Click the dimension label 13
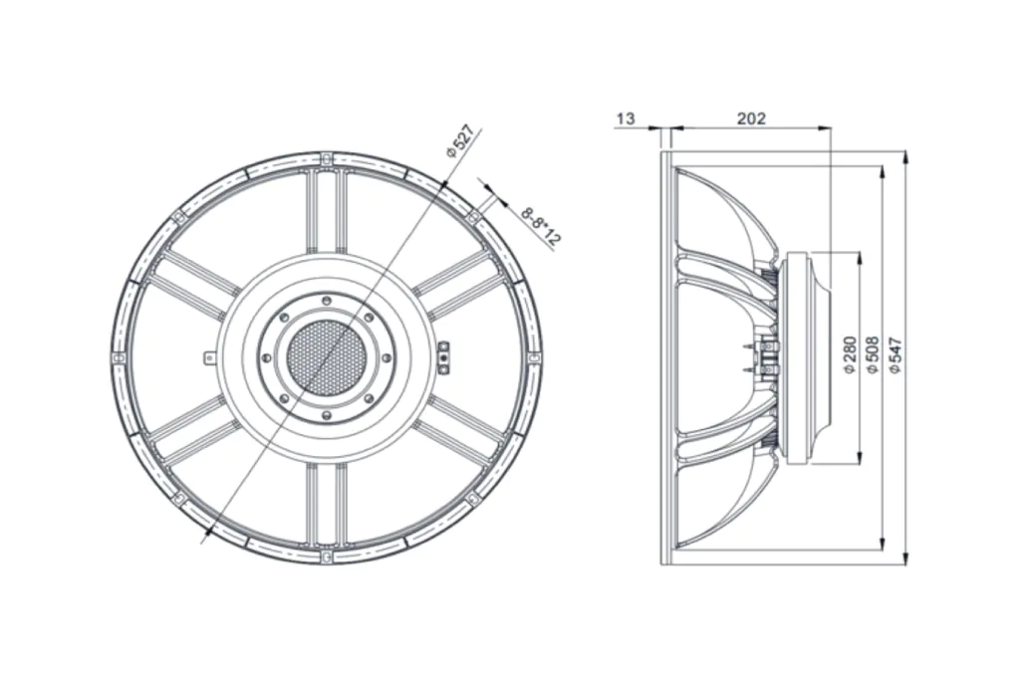pyautogui.click(x=626, y=118)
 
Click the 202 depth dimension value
pyautogui.click(x=751, y=118)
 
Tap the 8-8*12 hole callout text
pyautogui.click(x=541, y=227)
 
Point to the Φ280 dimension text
pyautogui.click(x=850, y=354)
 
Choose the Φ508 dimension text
pyautogui.click(x=873, y=354)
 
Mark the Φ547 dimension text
pyautogui.click(x=895, y=354)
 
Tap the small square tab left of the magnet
pyautogui.click(x=208, y=357)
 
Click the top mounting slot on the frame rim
pyautogui.click(x=326, y=158)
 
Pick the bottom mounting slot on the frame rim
pyautogui.click(x=326, y=556)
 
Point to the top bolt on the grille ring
pyautogui.click(x=326, y=301)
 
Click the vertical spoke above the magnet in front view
pyautogui.click(x=326, y=211)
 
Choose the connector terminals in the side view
pyautogui.click(x=762, y=357)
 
